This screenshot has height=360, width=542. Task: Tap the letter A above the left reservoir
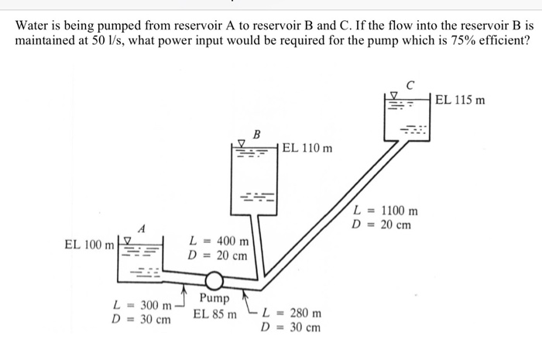click(141, 228)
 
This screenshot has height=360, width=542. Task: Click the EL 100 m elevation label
click(88, 245)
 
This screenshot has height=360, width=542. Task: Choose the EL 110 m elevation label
click(307, 147)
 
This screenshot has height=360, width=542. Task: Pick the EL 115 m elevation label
click(460, 99)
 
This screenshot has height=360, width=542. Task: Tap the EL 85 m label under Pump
click(214, 314)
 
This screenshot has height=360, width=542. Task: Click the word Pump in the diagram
click(214, 299)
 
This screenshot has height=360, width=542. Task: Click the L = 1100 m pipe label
click(385, 211)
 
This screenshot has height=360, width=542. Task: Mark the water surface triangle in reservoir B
click(242, 143)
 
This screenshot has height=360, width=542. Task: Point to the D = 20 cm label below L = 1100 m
click(381, 225)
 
